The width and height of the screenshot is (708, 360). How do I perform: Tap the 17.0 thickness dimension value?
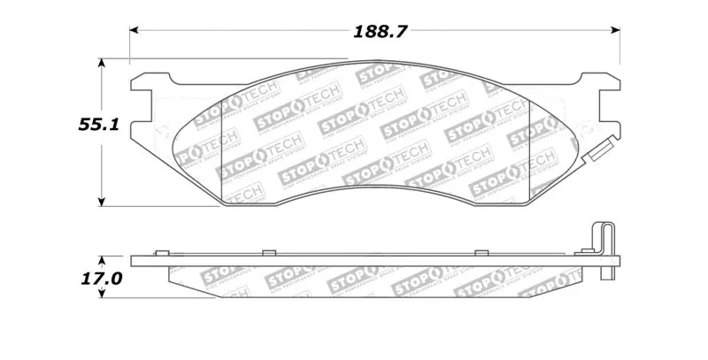pyautogui.click(x=99, y=278)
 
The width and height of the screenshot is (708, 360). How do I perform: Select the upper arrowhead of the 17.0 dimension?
pyautogui.click(x=103, y=260)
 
